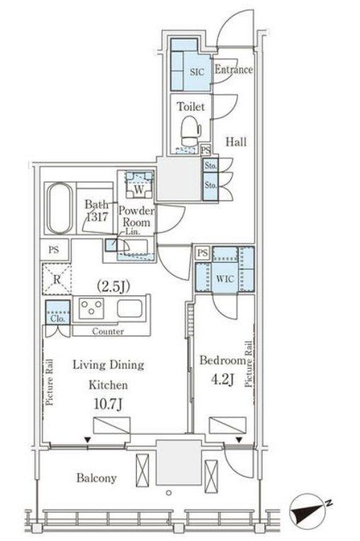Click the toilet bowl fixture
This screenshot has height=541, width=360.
[190, 131]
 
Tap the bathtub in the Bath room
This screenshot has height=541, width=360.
[60, 209]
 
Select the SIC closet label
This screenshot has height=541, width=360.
[197, 72]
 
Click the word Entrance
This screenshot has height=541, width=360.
[234, 69]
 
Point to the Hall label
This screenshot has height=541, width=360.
[236, 142]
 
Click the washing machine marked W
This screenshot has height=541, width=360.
[139, 185]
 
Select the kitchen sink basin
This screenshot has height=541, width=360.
[130, 308]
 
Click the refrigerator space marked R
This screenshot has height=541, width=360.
[57, 279]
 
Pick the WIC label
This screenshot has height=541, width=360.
[225, 279]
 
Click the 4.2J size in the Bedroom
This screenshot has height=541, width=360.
[223, 380]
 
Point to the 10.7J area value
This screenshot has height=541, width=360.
[108, 404]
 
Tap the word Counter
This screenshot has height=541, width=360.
[108, 331]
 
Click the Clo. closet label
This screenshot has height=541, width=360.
[57, 319]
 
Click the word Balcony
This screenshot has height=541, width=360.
[96, 478]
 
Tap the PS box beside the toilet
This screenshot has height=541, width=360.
[206, 150]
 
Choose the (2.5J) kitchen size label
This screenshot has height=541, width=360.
[113, 287]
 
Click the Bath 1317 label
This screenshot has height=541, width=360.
[96, 210]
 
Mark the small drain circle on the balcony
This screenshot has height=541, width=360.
[169, 493]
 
